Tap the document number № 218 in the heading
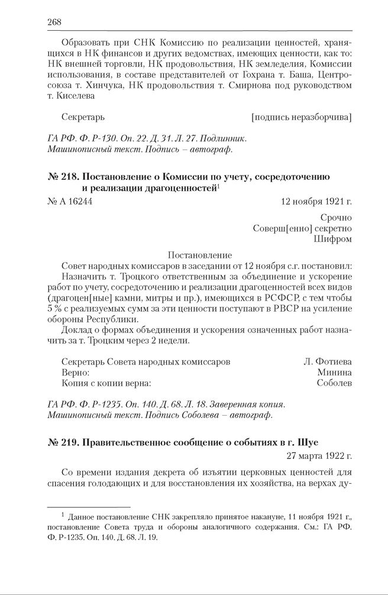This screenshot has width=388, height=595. pos(62,177)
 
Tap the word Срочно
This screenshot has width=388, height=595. pos(337,218)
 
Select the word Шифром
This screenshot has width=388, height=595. pos(333,239)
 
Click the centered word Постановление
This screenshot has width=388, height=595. pos(200,256)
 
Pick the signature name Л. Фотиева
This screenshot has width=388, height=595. pos(328,361)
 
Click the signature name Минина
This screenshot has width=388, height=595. pos(334,372)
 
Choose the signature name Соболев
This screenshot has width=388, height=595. pos(334,383)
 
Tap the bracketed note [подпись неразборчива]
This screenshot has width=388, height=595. pos(301,117)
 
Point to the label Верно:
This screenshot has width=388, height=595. pos(76,372)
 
